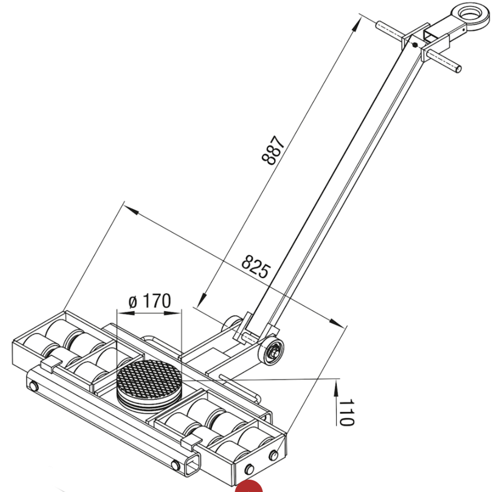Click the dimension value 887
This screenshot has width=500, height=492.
(x=274, y=150)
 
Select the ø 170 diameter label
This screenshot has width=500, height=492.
(x=149, y=301)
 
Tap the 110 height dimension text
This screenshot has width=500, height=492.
(x=346, y=412)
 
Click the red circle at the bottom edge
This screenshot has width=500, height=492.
(x=249, y=487)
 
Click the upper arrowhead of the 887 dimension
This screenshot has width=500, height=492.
(x=357, y=24)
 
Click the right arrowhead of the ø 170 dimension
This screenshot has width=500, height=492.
(x=178, y=311)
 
